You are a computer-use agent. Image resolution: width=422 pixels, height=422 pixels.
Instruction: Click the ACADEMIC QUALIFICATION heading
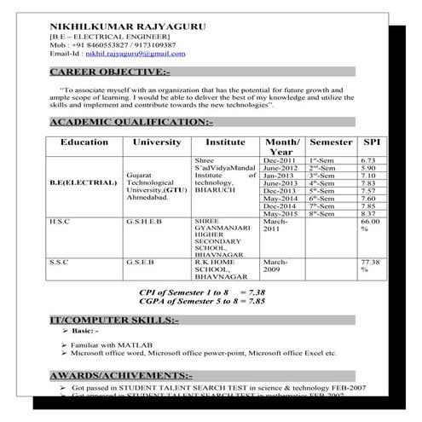click(x=131, y=123)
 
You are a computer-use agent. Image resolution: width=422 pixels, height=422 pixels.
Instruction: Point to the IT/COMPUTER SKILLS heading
click(x=114, y=320)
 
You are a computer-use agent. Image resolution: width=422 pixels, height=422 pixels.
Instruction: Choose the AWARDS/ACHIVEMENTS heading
click(x=121, y=375)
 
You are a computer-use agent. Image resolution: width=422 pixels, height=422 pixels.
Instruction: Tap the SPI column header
click(x=372, y=142)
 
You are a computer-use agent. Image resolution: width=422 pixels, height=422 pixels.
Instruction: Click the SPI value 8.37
click(x=368, y=213)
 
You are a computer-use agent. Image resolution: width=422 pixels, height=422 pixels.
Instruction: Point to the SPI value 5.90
click(x=368, y=168)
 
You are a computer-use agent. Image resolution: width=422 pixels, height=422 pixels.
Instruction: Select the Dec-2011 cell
click(x=280, y=160)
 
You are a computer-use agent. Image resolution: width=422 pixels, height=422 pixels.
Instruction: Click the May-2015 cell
click(x=280, y=213)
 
